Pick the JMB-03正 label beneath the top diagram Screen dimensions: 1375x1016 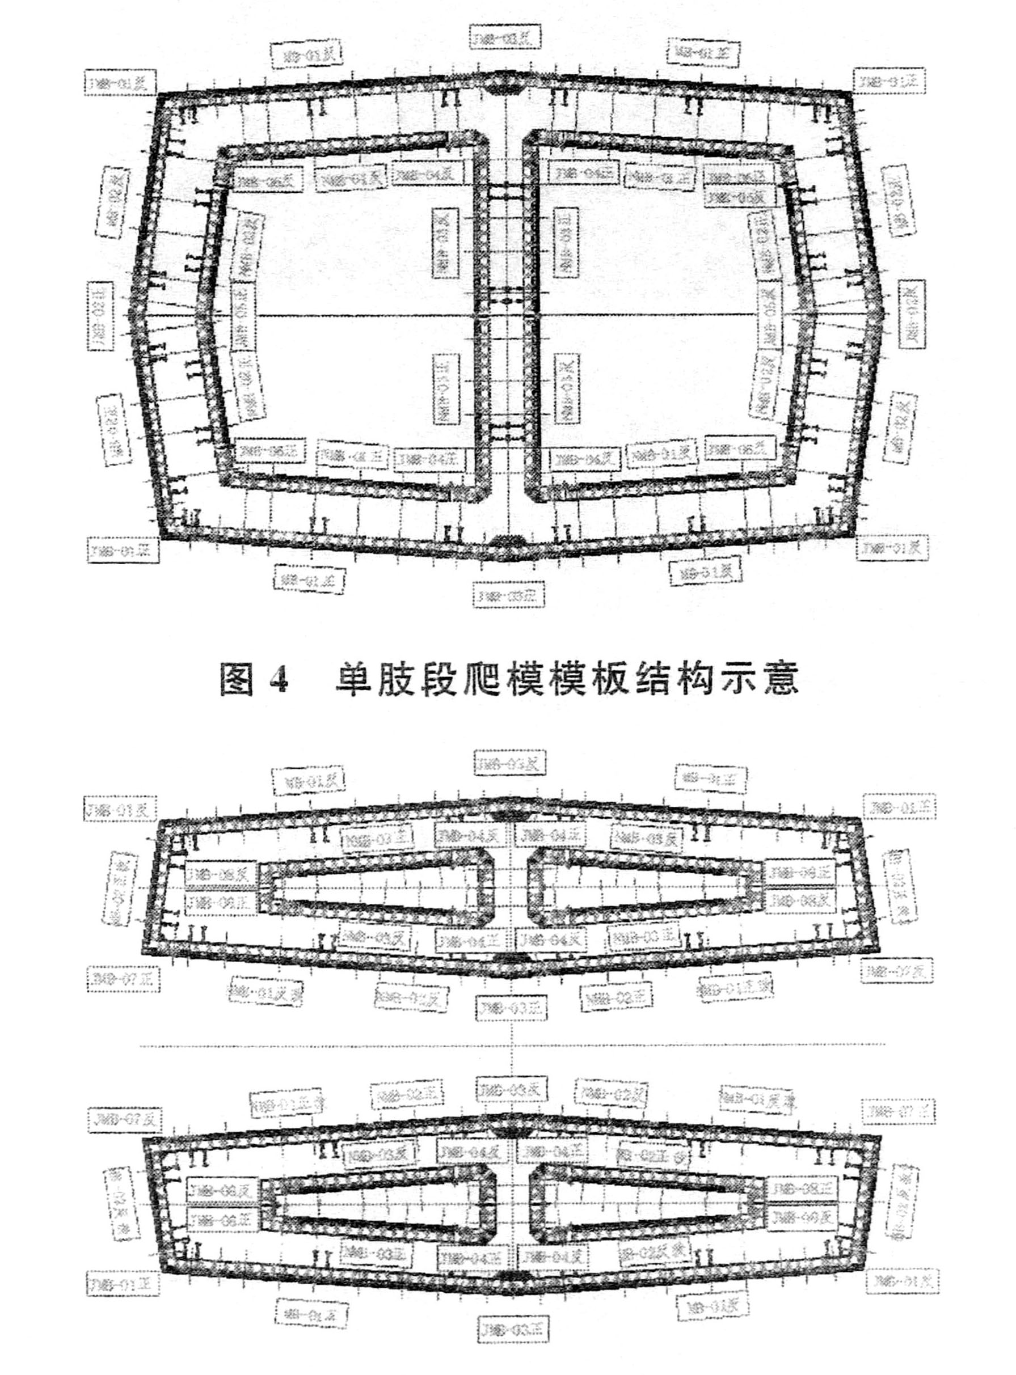[508, 595]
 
